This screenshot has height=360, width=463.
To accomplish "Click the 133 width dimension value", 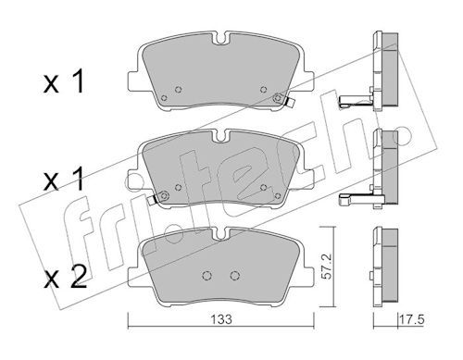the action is pos(221,319).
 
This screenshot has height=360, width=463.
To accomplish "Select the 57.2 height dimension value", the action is pos(327,267).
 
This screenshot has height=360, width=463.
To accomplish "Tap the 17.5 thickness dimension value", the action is pos(412,319).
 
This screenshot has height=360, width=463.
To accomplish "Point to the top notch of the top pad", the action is pos(221,38).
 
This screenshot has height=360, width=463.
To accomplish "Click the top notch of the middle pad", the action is pos(221,136).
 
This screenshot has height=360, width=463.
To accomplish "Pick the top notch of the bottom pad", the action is pos(221,233).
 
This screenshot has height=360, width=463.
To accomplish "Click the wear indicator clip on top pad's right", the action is pos(290,102).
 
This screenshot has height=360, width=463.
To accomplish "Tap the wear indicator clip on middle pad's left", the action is pos(152,200).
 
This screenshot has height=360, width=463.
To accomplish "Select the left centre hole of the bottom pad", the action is pos(206,275).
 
